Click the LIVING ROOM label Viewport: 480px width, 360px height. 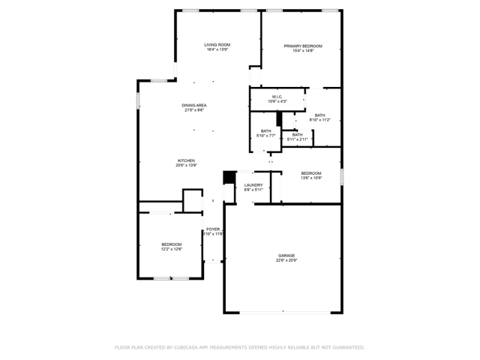tap(217, 45)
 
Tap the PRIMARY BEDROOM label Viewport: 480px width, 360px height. tap(298, 45)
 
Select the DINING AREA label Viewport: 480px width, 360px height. tap(194, 105)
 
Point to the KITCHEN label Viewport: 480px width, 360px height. tap(186, 160)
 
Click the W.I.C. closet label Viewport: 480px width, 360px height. tap(277, 97)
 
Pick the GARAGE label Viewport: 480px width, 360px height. tap(286, 256)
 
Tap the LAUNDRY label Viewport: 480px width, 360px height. tap(253, 184)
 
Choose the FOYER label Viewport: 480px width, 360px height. tap(214, 229)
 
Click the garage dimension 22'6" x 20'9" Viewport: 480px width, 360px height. tap(286, 261)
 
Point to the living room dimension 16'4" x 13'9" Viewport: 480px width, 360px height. tap(217, 50)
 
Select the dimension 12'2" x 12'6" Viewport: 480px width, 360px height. tap(172, 250)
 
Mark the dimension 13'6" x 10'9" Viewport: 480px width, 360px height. tap(311, 178)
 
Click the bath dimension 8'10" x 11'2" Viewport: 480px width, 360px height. tap(320, 120)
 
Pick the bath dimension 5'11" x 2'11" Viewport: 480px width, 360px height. tap(298, 139)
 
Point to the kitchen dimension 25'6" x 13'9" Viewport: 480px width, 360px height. tap(186, 166)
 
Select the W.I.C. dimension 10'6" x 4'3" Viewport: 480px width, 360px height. tap(277, 102)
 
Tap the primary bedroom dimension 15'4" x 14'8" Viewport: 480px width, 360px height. tap(298, 50)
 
